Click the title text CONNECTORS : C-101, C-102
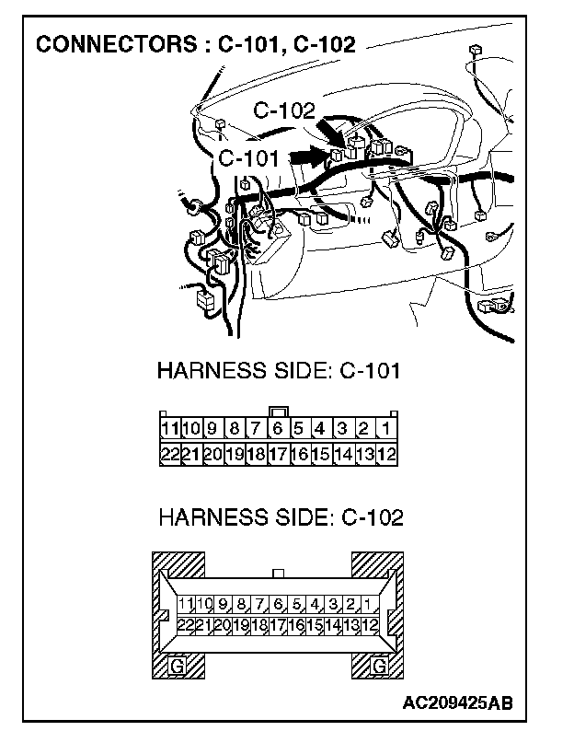point(195,45)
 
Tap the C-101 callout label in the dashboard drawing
point(248,158)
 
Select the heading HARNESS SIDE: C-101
point(279,372)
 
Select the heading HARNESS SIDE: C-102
point(281,517)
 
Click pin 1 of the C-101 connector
point(386,429)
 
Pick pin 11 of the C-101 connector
point(169,429)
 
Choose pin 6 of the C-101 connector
point(277,429)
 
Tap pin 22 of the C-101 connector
point(169,454)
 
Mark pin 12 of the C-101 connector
point(386,454)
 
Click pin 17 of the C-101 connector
point(277,454)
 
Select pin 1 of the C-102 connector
point(367,605)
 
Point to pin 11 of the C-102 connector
point(186,605)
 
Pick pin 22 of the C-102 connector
point(186,624)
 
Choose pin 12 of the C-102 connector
point(370,624)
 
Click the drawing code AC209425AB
point(456,704)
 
